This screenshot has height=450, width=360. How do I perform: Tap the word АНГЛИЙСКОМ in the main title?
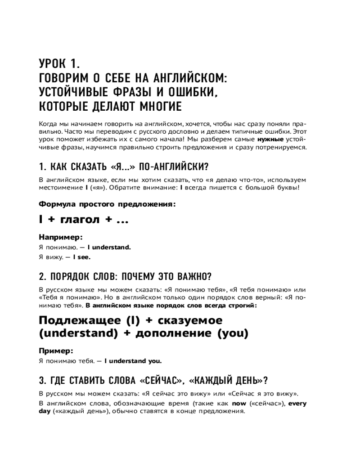click(185, 78)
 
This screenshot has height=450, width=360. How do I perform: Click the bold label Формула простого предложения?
click(107, 204)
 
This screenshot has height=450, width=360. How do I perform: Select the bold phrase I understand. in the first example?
click(109, 247)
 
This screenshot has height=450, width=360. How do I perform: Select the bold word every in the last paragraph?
click(297, 404)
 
